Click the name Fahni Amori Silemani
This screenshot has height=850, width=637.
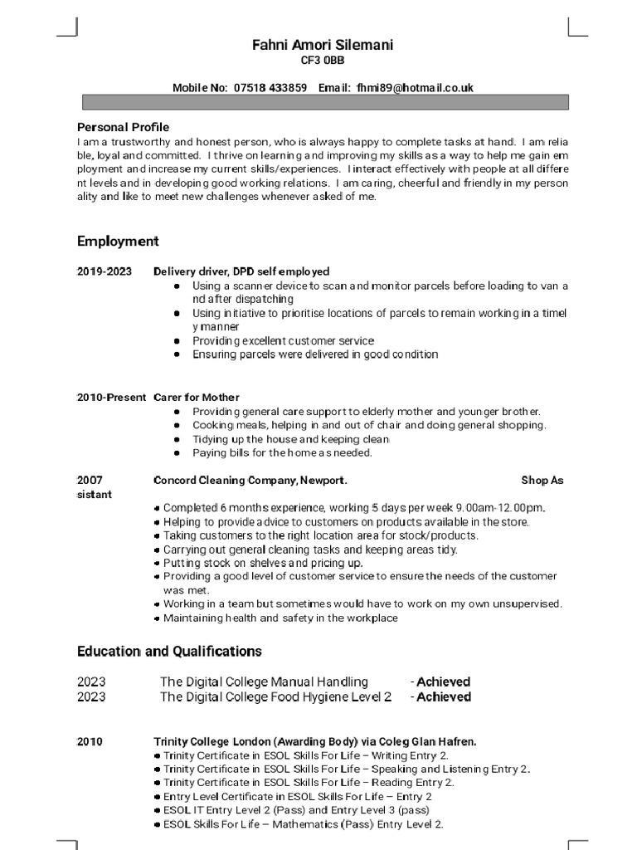tap(322, 45)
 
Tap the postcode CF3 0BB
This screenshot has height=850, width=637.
tap(322, 61)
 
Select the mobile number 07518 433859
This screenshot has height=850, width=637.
tap(270, 87)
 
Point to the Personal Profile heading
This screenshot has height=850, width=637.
tap(123, 127)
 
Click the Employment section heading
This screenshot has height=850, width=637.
tap(118, 242)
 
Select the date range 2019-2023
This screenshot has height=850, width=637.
tap(105, 271)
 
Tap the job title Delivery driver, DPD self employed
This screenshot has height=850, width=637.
tap(241, 271)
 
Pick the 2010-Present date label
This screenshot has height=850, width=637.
tap(112, 398)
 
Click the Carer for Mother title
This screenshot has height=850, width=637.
tap(197, 398)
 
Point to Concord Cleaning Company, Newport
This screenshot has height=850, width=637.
tap(250, 480)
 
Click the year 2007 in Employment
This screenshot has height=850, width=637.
tap(90, 480)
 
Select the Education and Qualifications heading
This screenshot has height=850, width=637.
tap(169, 651)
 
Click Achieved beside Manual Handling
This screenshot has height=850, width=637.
tap(443, 681)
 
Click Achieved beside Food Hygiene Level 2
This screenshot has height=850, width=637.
tap(443, 697)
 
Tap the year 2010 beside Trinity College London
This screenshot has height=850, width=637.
tap(90, 741)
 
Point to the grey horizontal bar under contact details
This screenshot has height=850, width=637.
tap(324, 102)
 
